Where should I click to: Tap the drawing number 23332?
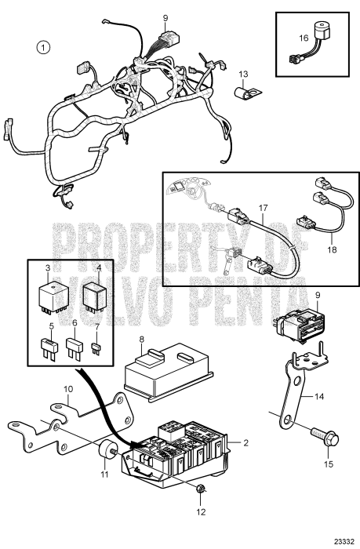[341, 540]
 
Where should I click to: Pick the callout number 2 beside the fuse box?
[245, 443]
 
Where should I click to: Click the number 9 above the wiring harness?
[165, 17]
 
